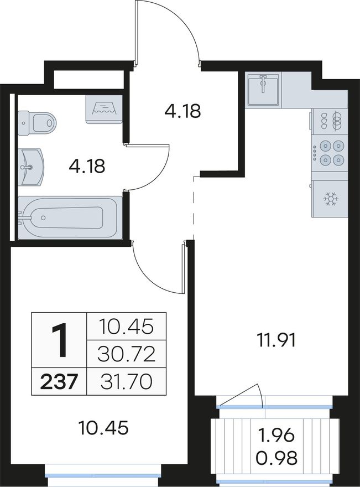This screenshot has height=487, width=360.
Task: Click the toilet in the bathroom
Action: coord(37,123)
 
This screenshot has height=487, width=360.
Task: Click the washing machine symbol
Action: coord(103,110)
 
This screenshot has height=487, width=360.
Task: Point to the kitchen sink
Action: coord(263,89)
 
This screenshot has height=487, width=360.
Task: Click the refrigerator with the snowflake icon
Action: coord(330,199)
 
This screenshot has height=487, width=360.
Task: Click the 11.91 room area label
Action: coord(276,340)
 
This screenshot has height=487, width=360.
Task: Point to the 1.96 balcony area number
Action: coord(276,436)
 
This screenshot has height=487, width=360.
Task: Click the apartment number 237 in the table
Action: coord(59,381)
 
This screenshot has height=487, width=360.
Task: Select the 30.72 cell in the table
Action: coord(126,354)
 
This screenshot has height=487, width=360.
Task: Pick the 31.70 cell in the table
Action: coord(126,381)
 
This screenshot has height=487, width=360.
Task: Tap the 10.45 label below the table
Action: coord(103,428)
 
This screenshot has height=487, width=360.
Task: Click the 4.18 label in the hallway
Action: coord(183,111)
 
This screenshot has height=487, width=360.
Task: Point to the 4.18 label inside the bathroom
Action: coord(87,166)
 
